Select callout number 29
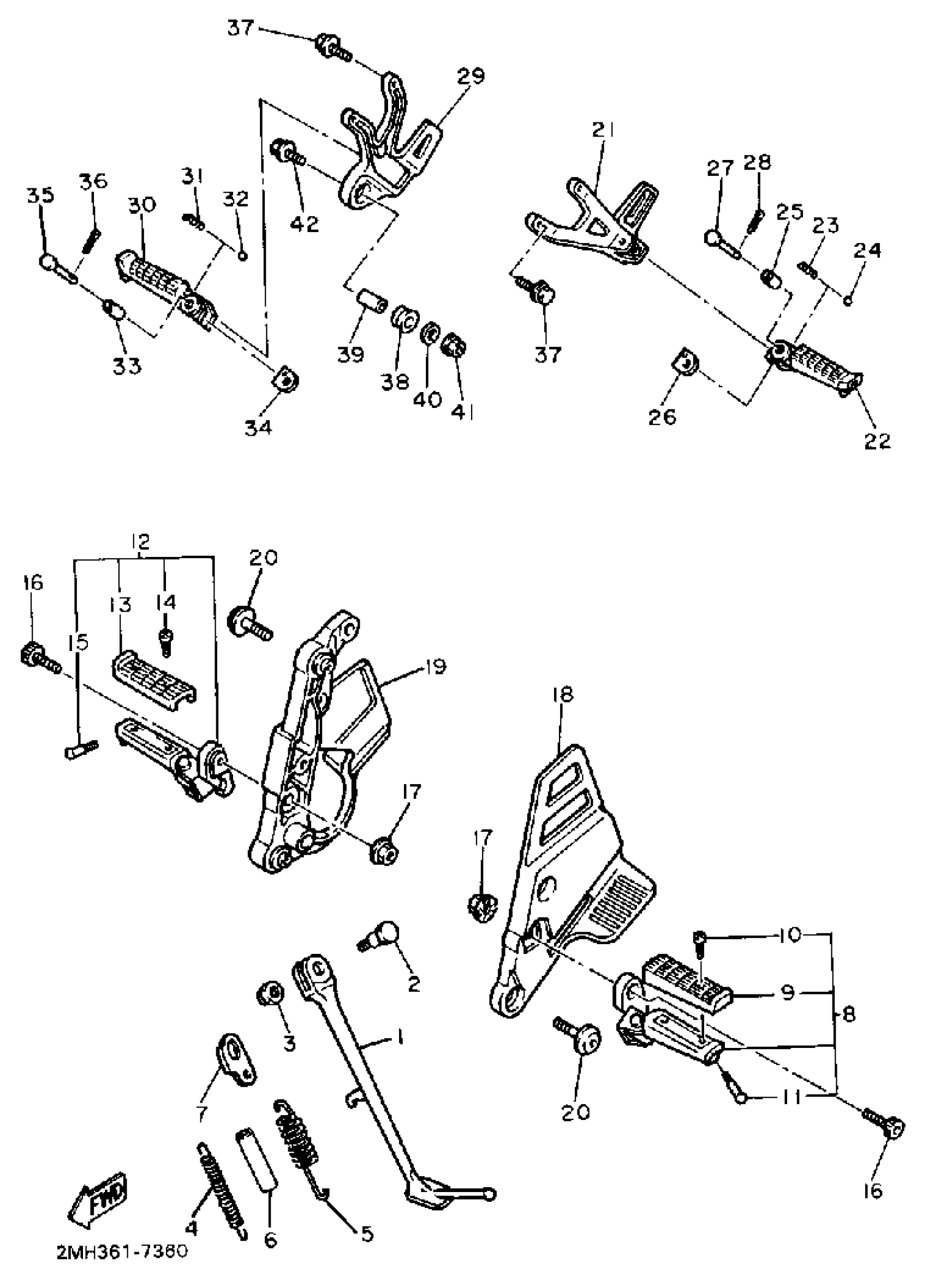[471, 75]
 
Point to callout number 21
[603, 130]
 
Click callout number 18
[562, 694]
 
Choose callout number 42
[305, 223]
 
